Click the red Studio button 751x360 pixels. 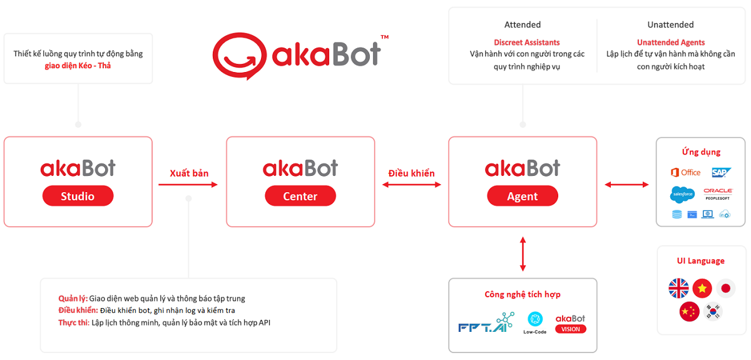[78, 196]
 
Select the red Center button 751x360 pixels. [300, 196]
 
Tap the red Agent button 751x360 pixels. [523, 196]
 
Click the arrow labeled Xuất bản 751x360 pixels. [188, 184]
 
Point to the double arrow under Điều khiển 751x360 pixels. [411, 184]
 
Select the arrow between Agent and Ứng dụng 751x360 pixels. [626, 184]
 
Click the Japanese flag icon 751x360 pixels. [726, 288]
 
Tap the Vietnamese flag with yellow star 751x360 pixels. [702, 288]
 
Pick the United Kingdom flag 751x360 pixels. [678, 288]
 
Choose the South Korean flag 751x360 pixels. [713, 311]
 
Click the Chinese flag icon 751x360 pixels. [690, 311]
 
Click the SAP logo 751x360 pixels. [722, 172]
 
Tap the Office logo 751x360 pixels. [685, 172]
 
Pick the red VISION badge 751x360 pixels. [570, 329]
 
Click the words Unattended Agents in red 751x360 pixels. [670, 43]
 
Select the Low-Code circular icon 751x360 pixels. [535, 319]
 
